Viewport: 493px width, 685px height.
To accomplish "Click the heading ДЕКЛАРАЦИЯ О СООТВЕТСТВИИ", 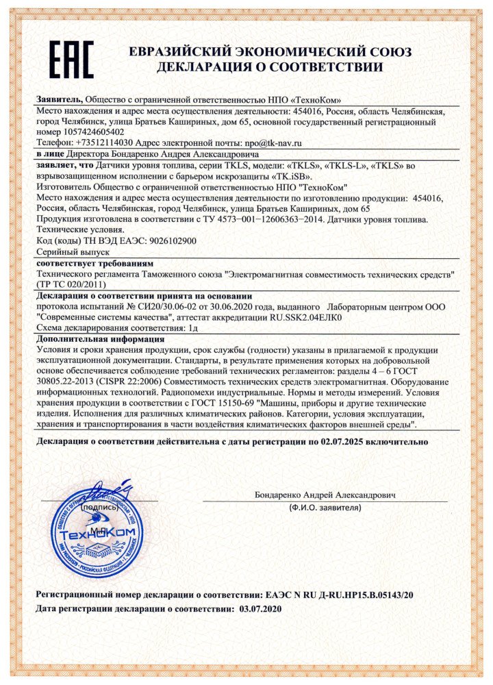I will (269, 67).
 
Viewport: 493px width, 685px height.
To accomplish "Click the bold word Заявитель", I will (59, 99).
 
